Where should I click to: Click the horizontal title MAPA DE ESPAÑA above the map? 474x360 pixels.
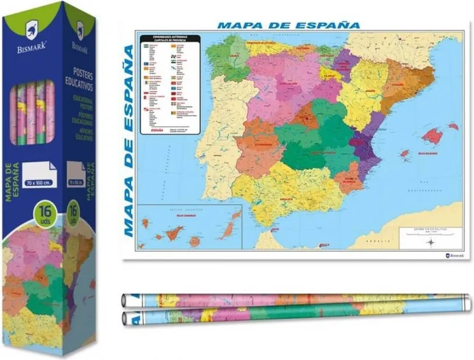click(288, 25)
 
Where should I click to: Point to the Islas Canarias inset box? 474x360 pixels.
click(191, 228)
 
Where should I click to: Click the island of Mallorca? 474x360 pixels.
click(432, 135)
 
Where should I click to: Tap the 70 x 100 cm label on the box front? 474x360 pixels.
click(38, 172)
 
